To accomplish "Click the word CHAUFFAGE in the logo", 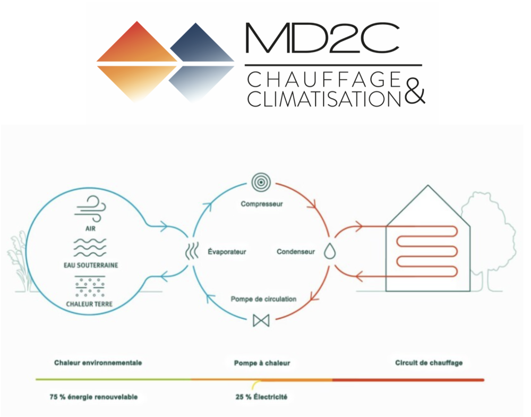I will coord(324,80).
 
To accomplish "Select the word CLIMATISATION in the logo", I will coord(324,98).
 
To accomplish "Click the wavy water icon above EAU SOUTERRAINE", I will coord(89,247).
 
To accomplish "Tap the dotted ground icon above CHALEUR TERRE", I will coord(89,286).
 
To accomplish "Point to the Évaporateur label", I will coord(227,251).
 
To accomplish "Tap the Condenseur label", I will coord(296,251).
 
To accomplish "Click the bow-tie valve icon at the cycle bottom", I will coord(261,320).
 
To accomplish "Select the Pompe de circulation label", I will coord(263,299).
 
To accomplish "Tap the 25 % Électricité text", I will coord(262,397).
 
